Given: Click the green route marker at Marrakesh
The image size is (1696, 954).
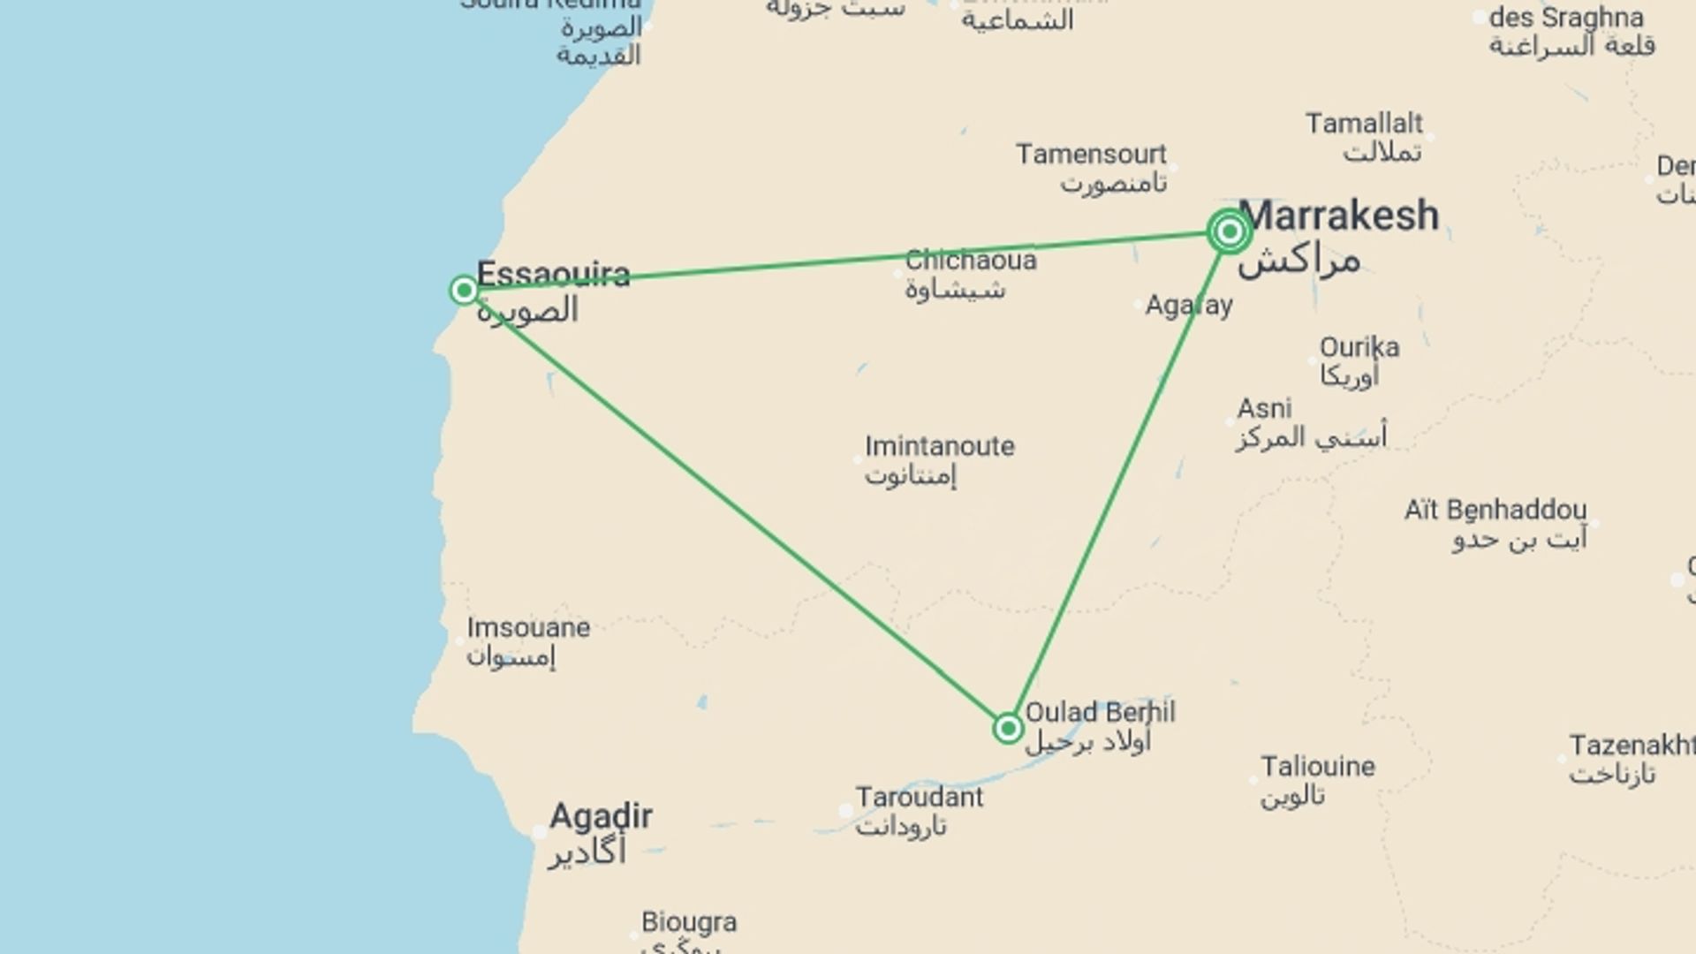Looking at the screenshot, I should [1229, 231].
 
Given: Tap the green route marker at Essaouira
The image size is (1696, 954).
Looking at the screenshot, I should [464, 290].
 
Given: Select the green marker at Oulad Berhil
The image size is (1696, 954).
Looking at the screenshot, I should [1008, 728].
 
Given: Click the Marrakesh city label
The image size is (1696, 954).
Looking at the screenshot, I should [1338, 216].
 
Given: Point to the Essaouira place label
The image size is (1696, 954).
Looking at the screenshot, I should [553, 275].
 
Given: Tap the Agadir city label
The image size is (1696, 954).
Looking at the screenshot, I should [601, 816].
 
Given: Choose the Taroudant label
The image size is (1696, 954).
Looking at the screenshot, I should [919, 798].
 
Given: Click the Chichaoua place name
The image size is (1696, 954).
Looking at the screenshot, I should [970, 261].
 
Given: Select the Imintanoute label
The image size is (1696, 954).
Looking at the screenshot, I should [939, 446].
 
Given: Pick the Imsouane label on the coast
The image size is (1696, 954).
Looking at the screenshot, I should [528, 628].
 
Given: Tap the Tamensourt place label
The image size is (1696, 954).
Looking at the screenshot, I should [1091, 155].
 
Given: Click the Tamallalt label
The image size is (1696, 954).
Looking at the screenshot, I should [1364, 124].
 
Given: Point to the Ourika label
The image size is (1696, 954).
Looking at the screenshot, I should [1359, 347].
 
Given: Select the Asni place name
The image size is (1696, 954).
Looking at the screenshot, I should [1264, 409].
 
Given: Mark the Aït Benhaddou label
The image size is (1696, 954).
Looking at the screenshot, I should [1495, 511].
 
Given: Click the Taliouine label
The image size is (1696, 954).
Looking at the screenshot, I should [1317, 767].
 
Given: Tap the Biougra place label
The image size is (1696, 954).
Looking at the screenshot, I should [689, 922].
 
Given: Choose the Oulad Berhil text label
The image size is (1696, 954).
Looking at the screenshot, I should [1100, 712].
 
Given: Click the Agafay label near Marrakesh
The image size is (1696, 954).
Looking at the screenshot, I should [1189, 306].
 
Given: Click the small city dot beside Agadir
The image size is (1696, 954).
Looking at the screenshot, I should [540, 832].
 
